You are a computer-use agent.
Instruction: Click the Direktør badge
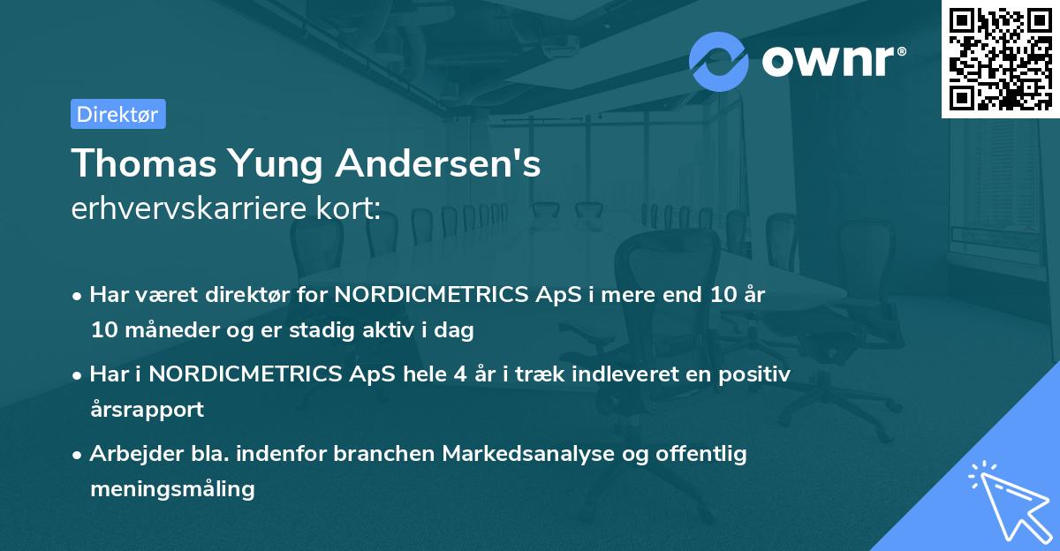click(117, 114)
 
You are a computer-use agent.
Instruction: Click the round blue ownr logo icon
click(719, 60)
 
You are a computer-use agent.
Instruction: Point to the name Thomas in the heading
click(139, 163)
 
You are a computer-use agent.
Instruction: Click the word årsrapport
click(147, 410)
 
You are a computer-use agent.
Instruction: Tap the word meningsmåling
click(172, 489)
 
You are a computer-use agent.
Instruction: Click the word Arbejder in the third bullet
click(128, 454)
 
